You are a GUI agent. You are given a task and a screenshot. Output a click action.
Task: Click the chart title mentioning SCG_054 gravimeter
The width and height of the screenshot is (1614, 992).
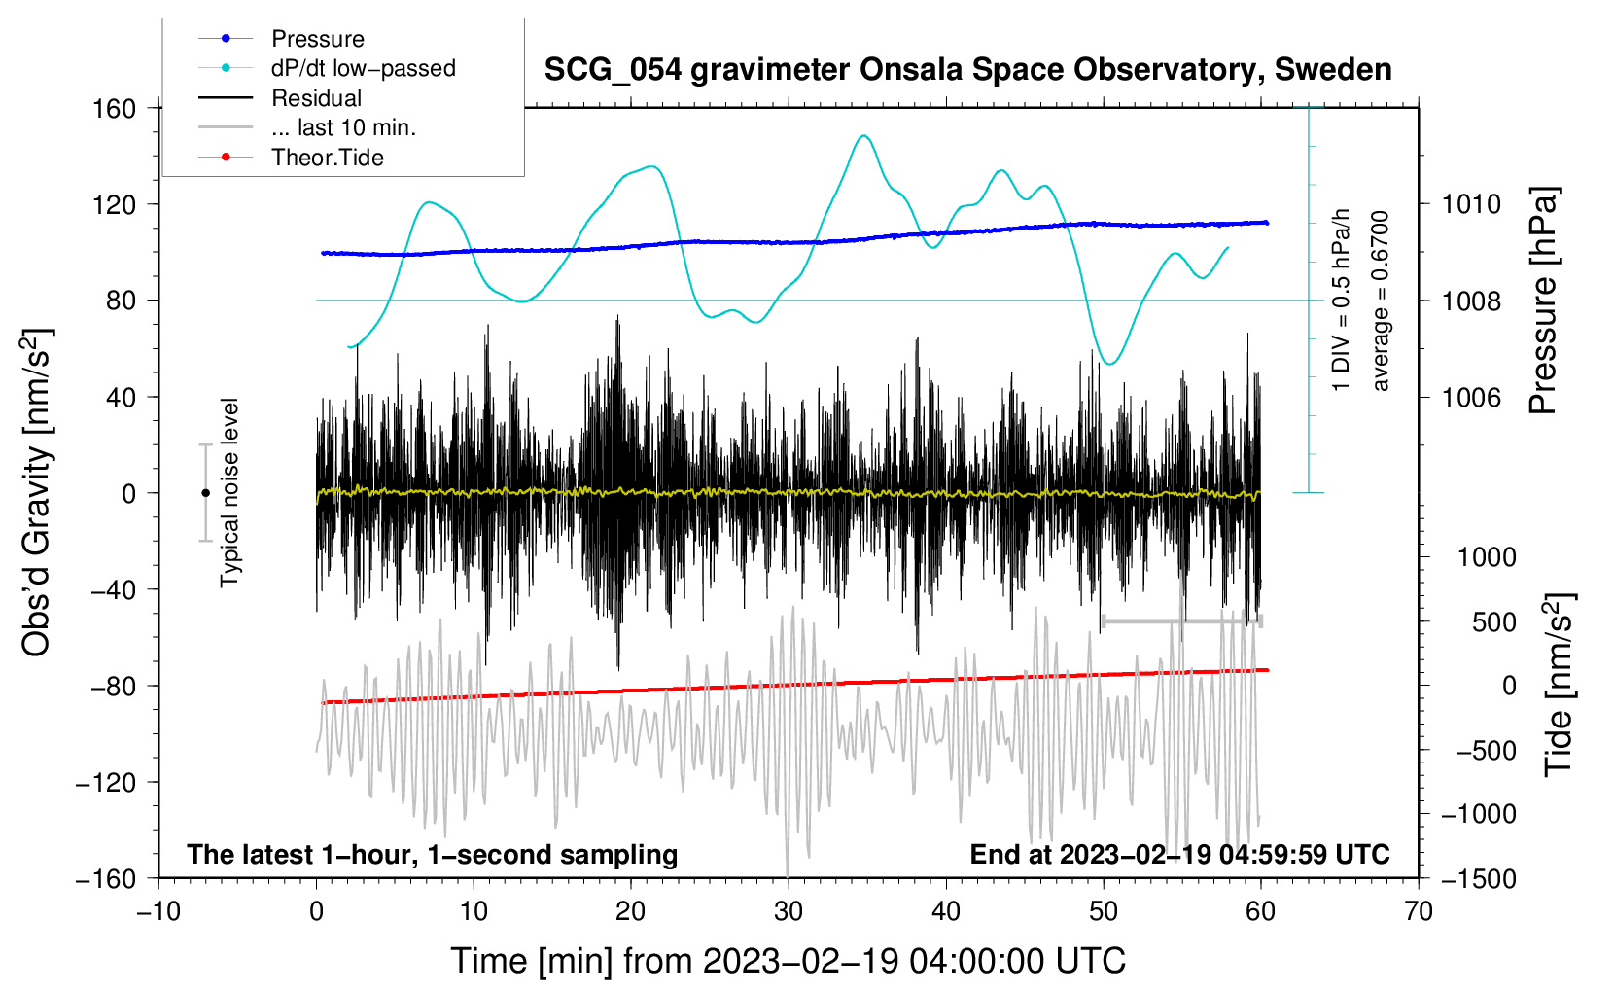tap(967, 70)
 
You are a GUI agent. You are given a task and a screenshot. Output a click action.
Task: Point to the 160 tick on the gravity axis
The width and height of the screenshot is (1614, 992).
tap(115, 108)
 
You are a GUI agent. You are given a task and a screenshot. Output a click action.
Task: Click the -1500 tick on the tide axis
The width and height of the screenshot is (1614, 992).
tap(1478, 878)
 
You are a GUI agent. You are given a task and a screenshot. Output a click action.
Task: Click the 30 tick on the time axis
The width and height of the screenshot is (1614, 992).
tap(789, 911)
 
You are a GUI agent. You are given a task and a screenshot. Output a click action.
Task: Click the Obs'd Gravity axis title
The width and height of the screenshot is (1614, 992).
tap(36, 493)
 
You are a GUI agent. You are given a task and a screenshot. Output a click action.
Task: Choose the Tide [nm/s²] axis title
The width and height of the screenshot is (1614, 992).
tap(1558, 686)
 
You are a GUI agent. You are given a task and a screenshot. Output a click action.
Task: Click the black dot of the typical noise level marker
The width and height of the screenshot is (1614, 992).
tap(205, 493)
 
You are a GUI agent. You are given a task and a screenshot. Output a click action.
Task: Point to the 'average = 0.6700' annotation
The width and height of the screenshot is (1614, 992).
tap(1381, 301)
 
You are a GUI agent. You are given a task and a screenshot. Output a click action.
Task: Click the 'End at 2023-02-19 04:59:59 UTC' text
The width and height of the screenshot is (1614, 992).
tap(1179, 855)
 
